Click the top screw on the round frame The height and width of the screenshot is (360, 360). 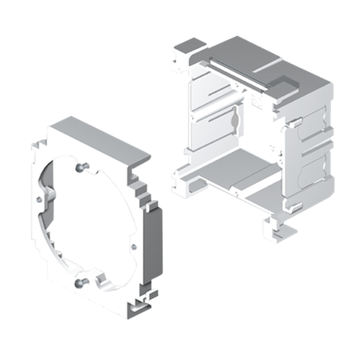point(81,167)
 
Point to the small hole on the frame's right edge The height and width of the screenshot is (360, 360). point(134,245)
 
